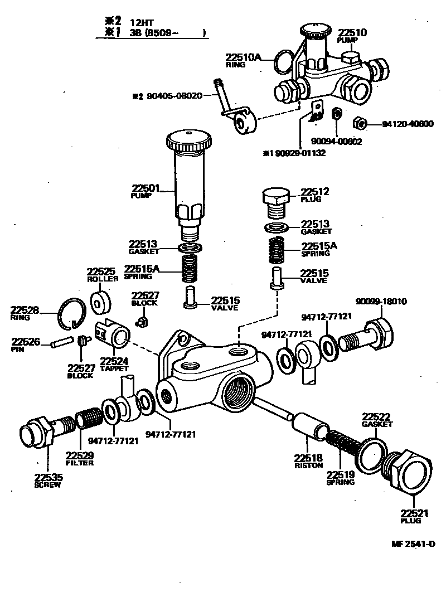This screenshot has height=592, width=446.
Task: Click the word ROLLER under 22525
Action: [x=103, y=279]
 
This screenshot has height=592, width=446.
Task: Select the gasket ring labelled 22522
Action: [x=374, y=454]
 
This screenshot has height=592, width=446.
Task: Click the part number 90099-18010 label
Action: [x=381, y=302]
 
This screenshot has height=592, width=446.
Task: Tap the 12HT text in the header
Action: [x=142, y=22]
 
